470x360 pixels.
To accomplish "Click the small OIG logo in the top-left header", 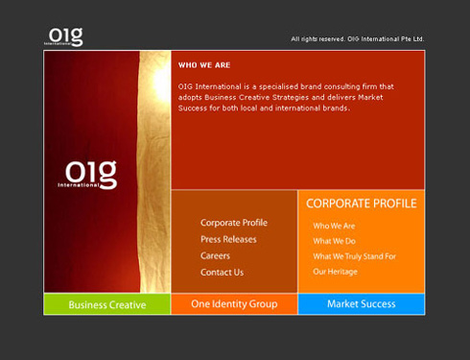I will pyautogui.click(x=65, y=36).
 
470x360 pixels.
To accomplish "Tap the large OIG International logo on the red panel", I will pyautogui.click(x=87, y=175).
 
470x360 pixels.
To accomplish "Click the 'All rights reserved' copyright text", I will pyautogui.click(x=357, y=39).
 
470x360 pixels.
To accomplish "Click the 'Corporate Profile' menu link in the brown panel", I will pyautogui.click(x=234, y=223).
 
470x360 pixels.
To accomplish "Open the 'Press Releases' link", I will pyautogui.click(x=228, y=239).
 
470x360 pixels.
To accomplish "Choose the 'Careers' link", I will pyautogui.click(x=215, y=255).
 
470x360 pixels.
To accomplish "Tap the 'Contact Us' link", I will pyautogui.click(x=222, y=272).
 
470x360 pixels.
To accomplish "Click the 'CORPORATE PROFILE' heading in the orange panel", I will pyautogui.click(x=361, y=204).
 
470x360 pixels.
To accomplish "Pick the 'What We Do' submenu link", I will pyautogui.click(x=334, y=241).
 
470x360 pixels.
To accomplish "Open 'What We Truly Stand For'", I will pyautogui.click(x=354, y=256).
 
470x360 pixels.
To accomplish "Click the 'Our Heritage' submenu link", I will pyautogui.click(x=335, y=272).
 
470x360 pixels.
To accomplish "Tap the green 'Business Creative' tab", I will pyautogui.click(x=106, y=304).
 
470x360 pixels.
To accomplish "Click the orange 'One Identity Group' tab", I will pyautogui.click(x=234, y=304).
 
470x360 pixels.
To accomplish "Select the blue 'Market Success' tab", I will pyautogui.click(x=361, y=304).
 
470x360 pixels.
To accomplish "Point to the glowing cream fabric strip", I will pyautogui.click(x=154, y=173).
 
